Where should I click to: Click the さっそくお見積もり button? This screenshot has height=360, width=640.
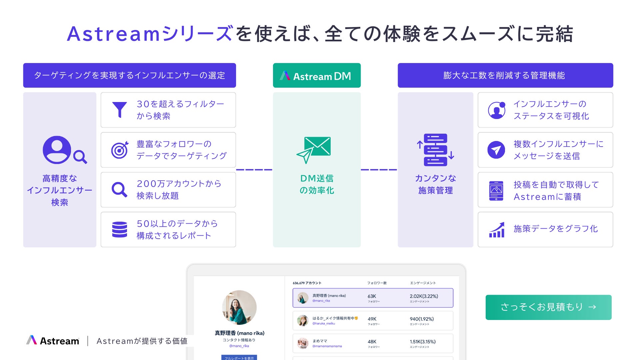(548, 307)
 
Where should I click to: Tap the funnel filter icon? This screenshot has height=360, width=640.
(119, 110)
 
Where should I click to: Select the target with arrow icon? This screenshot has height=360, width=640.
(120, 150)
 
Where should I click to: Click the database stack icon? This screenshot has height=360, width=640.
(120, 230)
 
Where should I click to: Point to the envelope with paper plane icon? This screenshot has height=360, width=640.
(314, 150)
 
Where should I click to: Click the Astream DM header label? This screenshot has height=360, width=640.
(317, 76)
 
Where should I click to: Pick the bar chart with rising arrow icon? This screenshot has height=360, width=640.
(497, 230)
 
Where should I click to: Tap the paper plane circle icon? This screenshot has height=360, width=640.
(496, 150)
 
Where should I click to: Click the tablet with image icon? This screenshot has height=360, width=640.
(496, 190)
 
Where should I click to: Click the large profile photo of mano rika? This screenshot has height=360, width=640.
(239, 307)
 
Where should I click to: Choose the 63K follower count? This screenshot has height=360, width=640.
(372, 296)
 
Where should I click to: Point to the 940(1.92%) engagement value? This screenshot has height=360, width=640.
(422, 319)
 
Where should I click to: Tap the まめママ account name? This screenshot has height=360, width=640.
(320, 341)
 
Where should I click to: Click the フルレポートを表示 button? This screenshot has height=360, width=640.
(239, 358)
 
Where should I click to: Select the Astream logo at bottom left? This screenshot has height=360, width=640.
(53, 341)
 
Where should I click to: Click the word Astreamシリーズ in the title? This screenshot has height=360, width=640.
(150, 34)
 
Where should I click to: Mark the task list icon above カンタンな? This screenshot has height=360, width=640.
(435, 150)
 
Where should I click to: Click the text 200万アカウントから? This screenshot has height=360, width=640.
(179, 184)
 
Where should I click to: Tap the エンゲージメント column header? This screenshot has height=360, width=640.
(423, 283)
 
